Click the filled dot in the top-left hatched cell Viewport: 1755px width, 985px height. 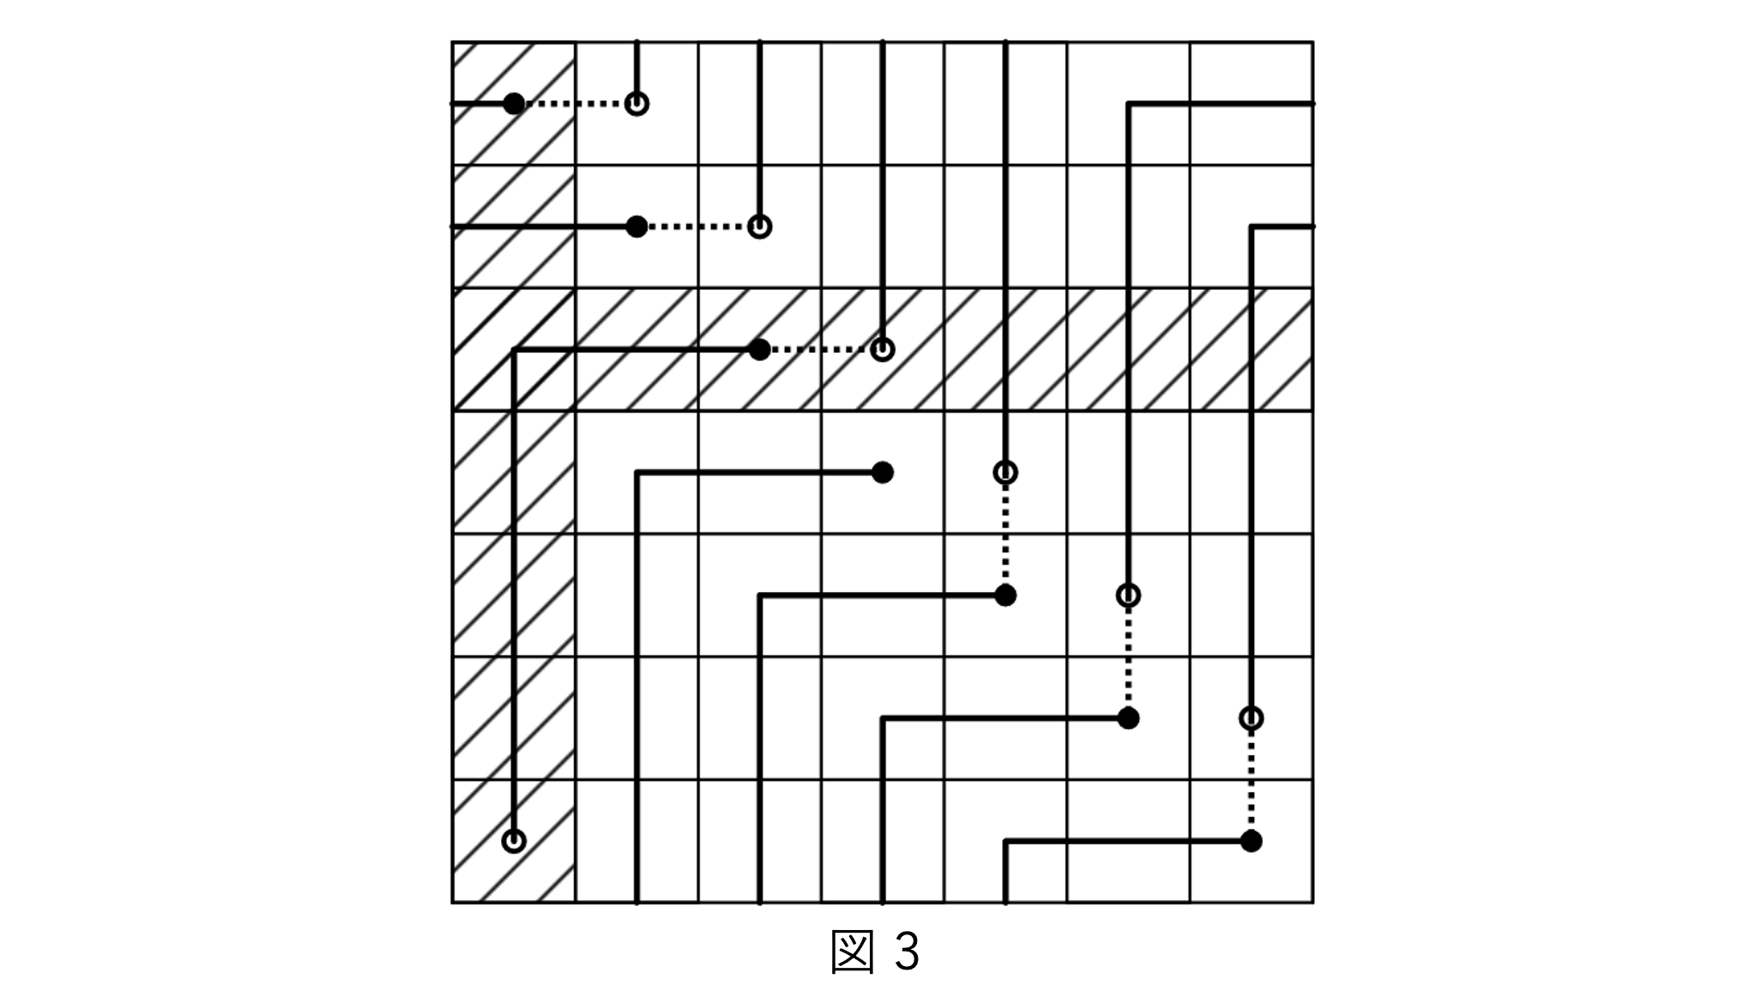[x=513, y=104]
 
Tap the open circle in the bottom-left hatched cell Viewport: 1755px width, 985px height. [x=513, y=840]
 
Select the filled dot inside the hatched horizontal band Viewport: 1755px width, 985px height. [x=759, y=349]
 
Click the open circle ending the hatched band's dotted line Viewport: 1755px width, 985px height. [x=882, y=349]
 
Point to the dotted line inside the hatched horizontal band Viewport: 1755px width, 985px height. [x=821, y=349]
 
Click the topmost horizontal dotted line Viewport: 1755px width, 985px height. [x=575, y=104]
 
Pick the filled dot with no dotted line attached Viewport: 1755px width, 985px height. [x=882, y=472]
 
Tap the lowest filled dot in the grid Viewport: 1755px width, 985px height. [x=1251, y=841]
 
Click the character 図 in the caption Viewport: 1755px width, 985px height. [x=853, y=951]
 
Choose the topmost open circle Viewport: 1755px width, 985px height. [x=636, y=104]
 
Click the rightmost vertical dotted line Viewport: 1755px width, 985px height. [x=1251, y=779]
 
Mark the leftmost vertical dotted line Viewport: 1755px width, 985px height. [x=1005, y=534]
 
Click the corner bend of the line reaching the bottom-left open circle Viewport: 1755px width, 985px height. [x=513, y=349]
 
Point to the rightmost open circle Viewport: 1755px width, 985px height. [x=1251, y=717]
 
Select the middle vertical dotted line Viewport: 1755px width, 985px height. [x=1128, y=656]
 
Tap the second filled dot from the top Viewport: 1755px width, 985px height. [x=636, y=227]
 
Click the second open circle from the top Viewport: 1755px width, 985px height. [x=759, y=227]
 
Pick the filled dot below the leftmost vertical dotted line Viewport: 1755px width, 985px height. [x=1005, y=595]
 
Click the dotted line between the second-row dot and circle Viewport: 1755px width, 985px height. [x=698, y=227]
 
